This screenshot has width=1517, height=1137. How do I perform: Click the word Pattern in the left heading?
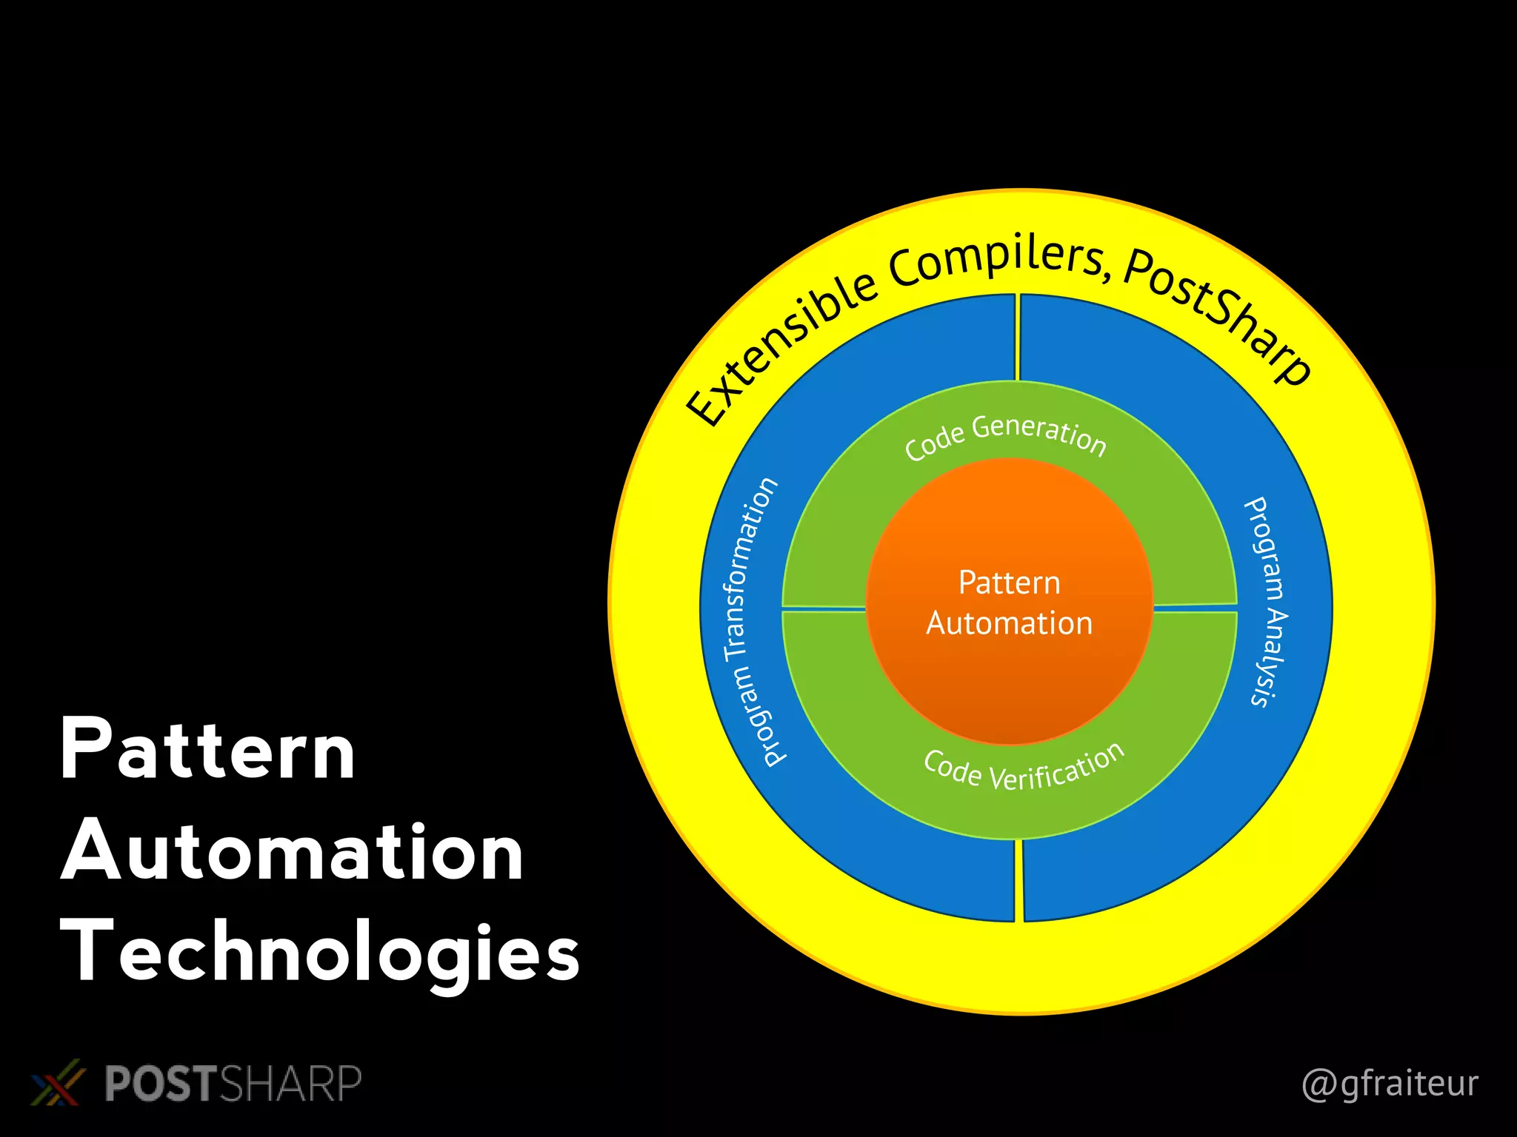pos(207,749)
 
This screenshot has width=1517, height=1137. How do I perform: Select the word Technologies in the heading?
pos(320,953)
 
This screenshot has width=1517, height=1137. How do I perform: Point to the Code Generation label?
pos(1005,437)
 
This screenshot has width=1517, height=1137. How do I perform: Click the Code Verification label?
pos(1024,770)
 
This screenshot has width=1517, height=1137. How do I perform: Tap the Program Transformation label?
pos(750,622)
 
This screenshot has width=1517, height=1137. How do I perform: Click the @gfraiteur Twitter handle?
pos(1390,1084)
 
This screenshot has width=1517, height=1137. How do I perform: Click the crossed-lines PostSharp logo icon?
pos(56,1083)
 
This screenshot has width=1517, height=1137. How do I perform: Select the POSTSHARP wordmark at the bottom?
pos(233,1084)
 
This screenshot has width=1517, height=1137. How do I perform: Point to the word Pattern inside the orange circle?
pos(1009,583)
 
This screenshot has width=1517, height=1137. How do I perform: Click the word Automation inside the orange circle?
pos(1009,623)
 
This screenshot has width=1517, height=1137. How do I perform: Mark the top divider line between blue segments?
pos(1018,338)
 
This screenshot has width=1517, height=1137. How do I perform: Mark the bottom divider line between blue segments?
pos(1018,881)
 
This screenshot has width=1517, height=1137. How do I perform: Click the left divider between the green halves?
pos(824,608)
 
